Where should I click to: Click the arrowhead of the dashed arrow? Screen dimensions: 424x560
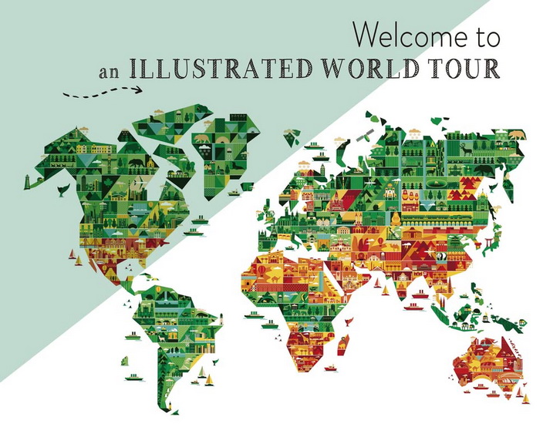point(139,89)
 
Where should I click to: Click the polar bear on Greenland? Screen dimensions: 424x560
point(203,140)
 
